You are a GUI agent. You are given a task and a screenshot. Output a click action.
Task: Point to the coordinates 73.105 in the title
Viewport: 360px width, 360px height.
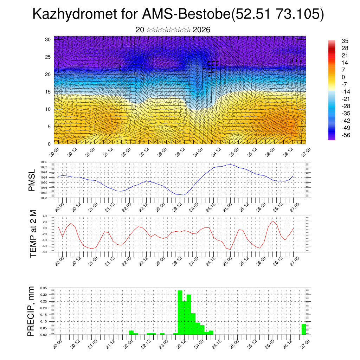[x=297, y=14]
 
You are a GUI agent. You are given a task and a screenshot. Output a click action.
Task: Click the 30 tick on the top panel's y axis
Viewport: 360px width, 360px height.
[x=48, y=39]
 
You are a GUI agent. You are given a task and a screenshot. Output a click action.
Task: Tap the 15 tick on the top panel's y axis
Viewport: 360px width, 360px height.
[x=48, y=92]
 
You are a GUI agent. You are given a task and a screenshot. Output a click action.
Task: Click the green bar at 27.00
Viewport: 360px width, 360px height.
[x=304, y=329]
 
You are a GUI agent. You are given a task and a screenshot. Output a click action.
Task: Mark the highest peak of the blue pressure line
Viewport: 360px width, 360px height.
[x=230, y=164]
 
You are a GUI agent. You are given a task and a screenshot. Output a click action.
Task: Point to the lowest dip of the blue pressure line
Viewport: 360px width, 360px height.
[x=184, y=195]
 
